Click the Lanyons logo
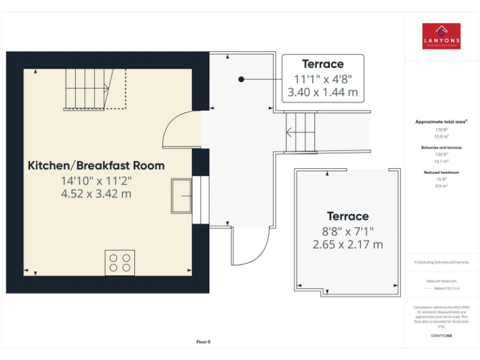[441, 36]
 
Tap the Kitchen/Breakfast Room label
[96, 166]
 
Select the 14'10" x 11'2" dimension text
[96, 181]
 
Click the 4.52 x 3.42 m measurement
[96, 194]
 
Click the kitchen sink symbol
[182, 196]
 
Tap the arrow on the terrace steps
[289, 132]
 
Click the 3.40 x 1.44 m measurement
[322, 92]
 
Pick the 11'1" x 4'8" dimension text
[322, 79]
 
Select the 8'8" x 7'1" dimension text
[347, 231]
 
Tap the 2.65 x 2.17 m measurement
[347, 244]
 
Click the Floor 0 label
[203, 342]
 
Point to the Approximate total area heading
[441, 121]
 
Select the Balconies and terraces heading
[441, 147]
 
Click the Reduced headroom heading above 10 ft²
[441, 172]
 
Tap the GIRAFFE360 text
[441, 336]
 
